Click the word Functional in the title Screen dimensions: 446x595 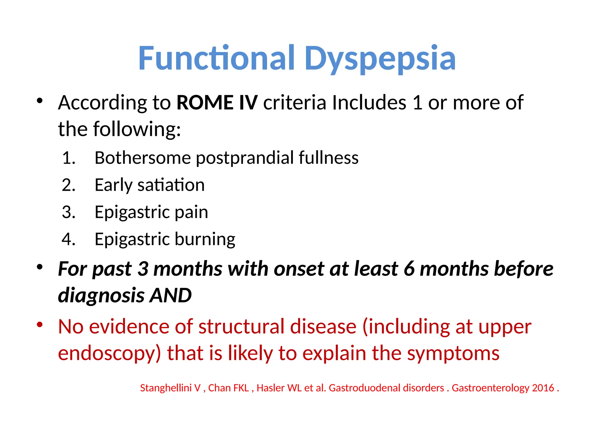coord(217,59)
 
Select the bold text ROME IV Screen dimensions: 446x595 coord(217,102)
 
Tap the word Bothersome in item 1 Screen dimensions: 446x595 coord(142,158)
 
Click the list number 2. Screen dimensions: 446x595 coord(69,185)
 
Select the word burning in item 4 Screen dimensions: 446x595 coord(205,239)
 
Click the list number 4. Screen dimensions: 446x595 coord(69,239)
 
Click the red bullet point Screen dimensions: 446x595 coord(40,324)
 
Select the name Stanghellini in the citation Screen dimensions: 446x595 coord(166,388)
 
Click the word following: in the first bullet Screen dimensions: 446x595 coord(137,129)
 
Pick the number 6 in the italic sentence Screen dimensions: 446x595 coord(409,269)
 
